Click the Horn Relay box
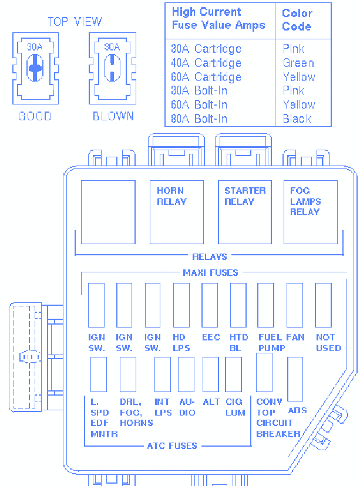[177, 212]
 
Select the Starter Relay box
[245, 212]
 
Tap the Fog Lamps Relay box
[311, 212]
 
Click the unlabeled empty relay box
[108, 212]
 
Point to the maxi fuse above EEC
[210, 305]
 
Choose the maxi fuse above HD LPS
[181, 305]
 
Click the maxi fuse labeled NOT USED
[323, 305]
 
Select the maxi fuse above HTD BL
[238, 305]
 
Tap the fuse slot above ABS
[295, 379]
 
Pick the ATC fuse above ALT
[211, 374]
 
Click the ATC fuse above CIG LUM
[234, 374]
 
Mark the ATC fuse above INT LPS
[163, 374]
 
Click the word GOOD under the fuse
[35, 116]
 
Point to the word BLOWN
[113, 116]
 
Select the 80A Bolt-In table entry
[199, 119]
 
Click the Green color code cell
[298, 63]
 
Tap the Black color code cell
[297, 119]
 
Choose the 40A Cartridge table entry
[206, 63]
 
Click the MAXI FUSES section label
[210, 273]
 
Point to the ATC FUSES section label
[172, 446]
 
